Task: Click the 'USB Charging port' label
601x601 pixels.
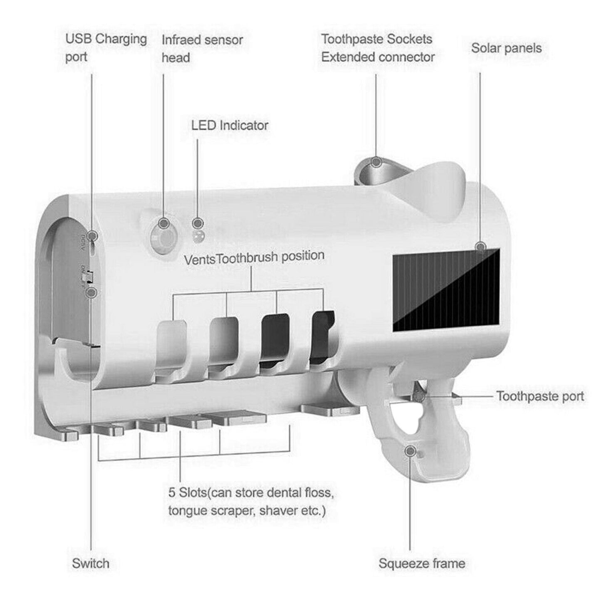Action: tap(106, 48)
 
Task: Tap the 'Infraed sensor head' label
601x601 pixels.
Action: tap(202, 49)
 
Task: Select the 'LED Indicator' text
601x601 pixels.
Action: tap(230, 125)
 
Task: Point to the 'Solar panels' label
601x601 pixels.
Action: tap(506, 48)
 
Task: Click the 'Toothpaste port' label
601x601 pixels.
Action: tap(540, 396)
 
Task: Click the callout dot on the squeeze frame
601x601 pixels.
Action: tap(410, 451)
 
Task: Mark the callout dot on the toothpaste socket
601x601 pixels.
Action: tap(377, 162)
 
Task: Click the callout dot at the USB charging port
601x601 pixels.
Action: tap(92, 235)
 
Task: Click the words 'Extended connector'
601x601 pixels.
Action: tap(378, 57)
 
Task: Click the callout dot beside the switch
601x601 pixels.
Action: tap(92, 292)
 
